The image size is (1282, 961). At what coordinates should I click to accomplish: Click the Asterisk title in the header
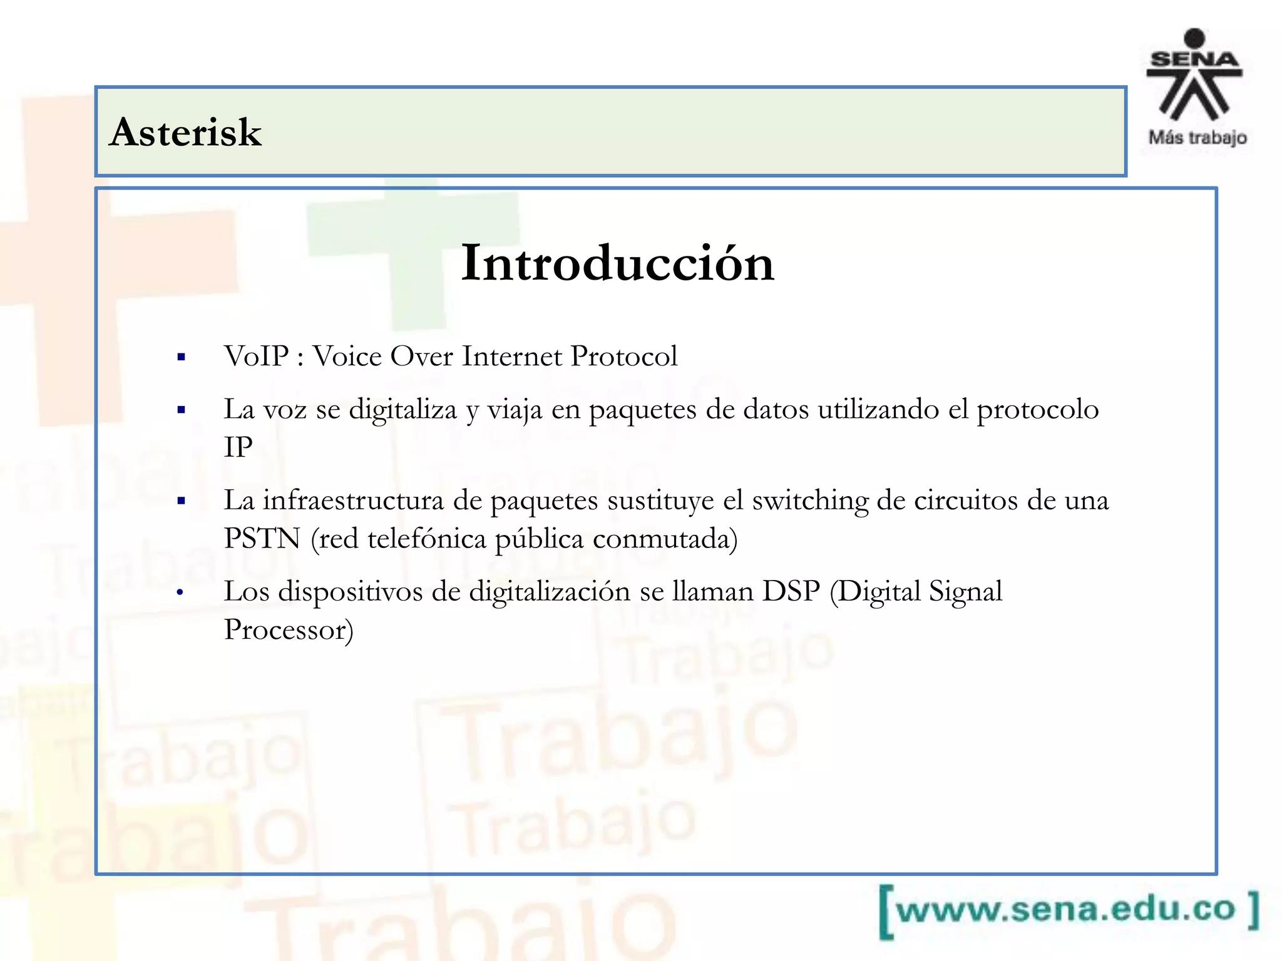[185, 133]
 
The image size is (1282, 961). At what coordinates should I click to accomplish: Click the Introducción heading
[618, 263]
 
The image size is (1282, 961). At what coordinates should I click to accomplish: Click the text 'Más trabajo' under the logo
[1197, 138]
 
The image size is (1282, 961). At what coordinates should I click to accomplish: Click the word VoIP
[257, 357]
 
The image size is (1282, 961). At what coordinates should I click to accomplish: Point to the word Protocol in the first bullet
[624, 357]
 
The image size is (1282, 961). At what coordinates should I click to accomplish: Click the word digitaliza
[403, 410]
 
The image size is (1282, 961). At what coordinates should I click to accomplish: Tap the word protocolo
[1038, 410]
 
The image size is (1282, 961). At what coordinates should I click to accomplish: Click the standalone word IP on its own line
[238, 447]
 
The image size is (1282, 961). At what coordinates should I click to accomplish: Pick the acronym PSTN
[262, 539]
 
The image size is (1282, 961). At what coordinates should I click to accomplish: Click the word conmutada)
[665, 539]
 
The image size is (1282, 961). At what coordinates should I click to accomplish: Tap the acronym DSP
[791, 591]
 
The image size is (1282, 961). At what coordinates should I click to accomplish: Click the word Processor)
[289, 630]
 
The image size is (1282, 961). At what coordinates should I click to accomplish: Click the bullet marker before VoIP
[182, 357]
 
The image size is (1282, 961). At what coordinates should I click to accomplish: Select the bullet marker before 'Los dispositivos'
[180, 592]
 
